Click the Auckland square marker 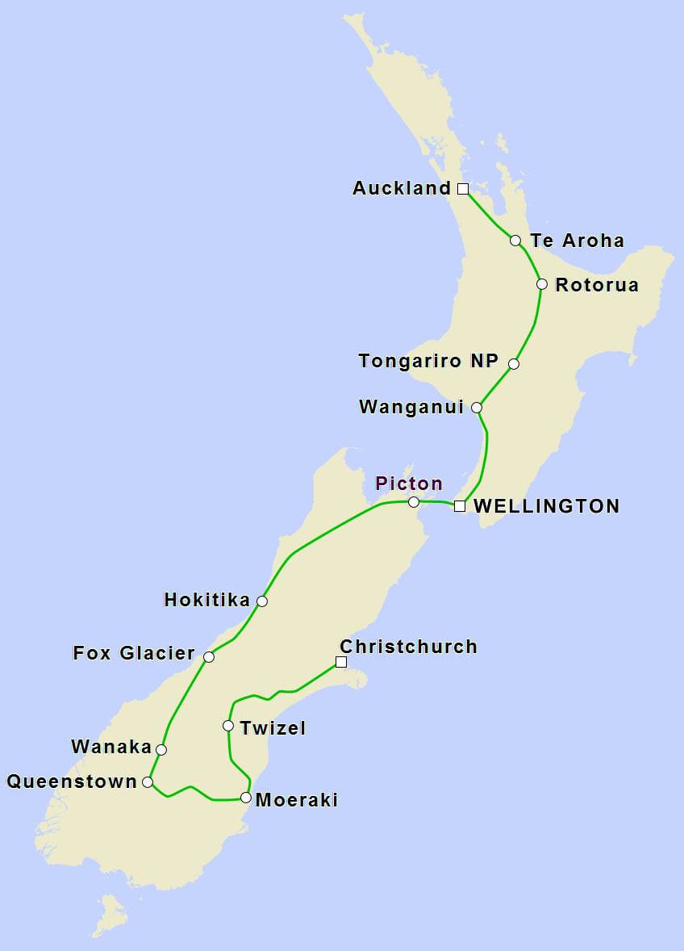[463, 189]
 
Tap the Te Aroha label [577, 241]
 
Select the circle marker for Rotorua [542, 284]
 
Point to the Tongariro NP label [428, 361]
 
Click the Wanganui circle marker [477, 408]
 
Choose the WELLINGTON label [546, 506]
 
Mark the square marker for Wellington [460, 506]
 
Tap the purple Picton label [409, 484]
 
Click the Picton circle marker [414, 502]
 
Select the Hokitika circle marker [262, 601]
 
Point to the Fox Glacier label [134, 653]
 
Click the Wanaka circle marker [161, 750]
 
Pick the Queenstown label [72, 781]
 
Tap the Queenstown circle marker [148, 782]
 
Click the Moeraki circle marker [246, 798]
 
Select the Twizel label [273, 728]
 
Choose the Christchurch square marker [341, 662]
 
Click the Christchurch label [408, 647]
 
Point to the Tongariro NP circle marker [514, 364]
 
